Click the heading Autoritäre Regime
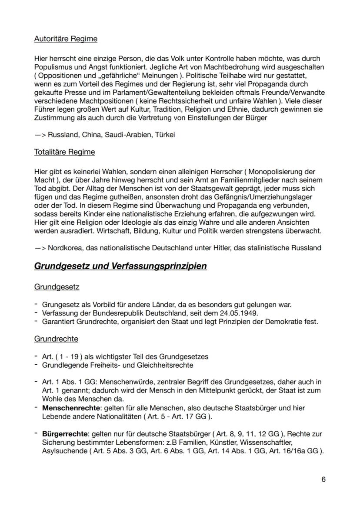[x=66, y=39]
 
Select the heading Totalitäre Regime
[x=64, y=152]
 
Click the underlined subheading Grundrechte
[x=56, y=339]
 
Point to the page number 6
[x=323, y=479]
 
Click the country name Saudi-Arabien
[x=130, y=135]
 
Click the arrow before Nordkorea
[x=40, y=248]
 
